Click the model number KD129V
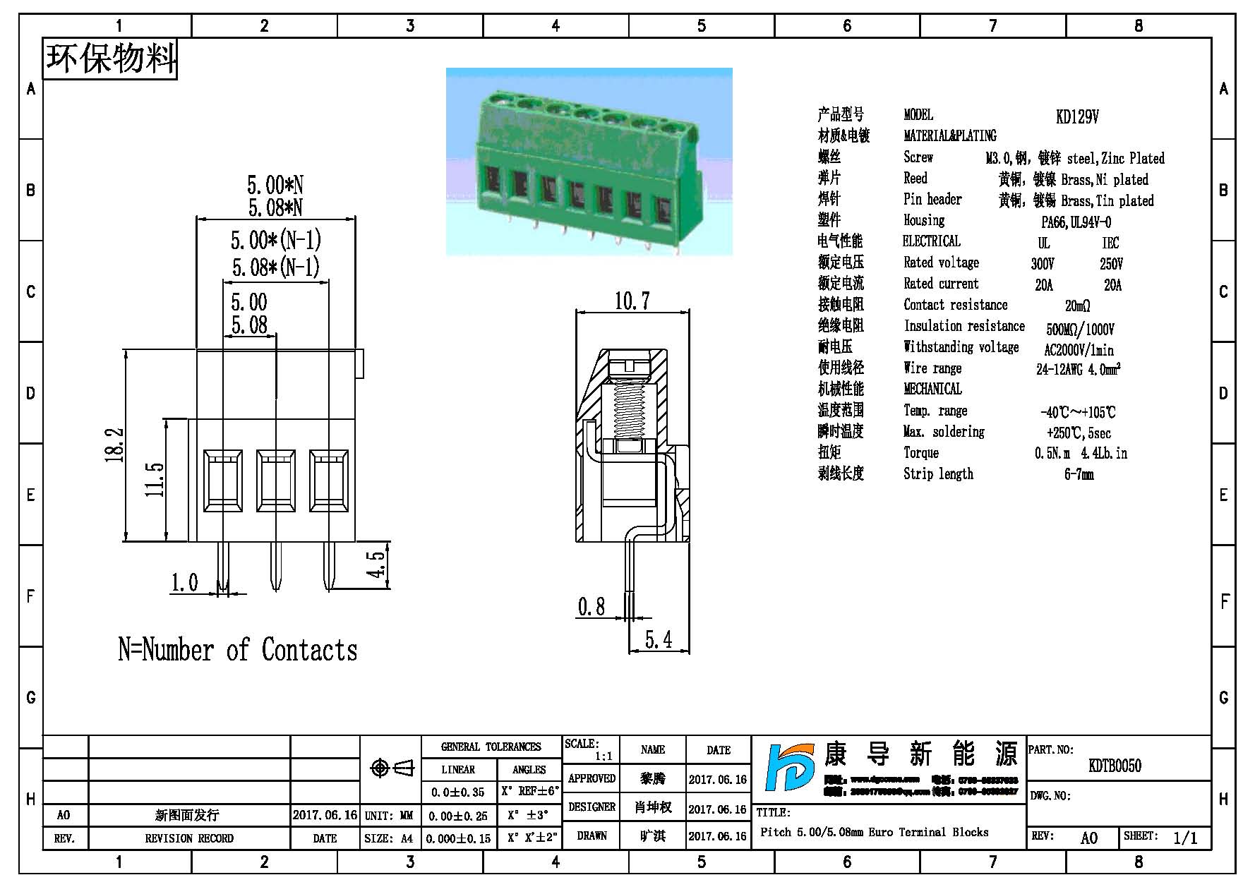point(1077,117)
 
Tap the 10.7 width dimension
point(631,301)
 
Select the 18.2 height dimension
point(115,445)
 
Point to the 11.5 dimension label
point(155,480)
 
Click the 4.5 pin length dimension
point(377,564)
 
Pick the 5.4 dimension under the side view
point(658,640)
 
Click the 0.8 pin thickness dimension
point(592,607)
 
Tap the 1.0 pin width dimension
point(184,583)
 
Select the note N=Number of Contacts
point(237,650)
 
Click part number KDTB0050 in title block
point(1115,766)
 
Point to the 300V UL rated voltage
point(1043,264)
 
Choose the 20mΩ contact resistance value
point(1077,306)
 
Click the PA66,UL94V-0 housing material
point(1076,222)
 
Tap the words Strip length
point(938,474)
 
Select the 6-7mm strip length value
point(1079,474)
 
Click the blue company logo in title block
point(791,776)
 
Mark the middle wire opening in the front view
point(275,480)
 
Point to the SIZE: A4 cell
point(389,838)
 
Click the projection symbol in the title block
point(391,768)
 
